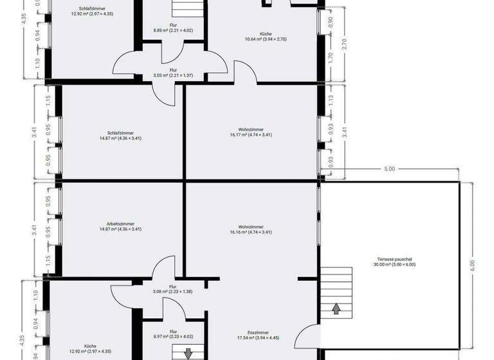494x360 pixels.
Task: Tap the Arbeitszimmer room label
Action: pyautogui.click(x=120, y=226)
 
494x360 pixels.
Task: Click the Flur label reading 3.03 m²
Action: pyautogui.click(x=173, y=73)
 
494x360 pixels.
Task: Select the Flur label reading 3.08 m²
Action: pyautogui.click(x=172, y=289)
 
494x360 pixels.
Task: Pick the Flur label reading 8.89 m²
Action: pyautogui.click(x=173, y=27)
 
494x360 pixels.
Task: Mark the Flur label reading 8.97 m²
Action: pyautogui.click(x=172, y=334)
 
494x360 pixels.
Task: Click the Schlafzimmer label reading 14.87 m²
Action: pyautogui.click(x=120, y=134)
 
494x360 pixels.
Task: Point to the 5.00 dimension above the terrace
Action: pyautogui.click(x=389, y=169)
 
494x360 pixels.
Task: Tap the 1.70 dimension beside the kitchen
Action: pyautogui.click(x=331, y=65)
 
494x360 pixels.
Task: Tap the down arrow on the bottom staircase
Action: pyautogui.click(x=188, y=353)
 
